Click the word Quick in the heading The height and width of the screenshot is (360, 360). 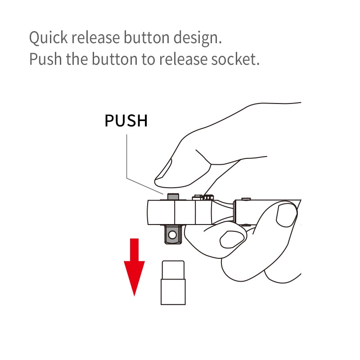(49, 38)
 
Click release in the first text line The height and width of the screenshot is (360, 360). (95, 37)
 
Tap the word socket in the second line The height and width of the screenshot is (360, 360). (235, 59)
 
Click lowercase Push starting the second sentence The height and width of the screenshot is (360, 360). (46, 59)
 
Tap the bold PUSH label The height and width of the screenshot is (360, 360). (126, 121)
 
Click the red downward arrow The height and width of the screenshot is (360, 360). (134, 267)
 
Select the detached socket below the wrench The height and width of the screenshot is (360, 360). (173, 283)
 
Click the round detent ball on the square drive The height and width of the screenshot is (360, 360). (172, 235)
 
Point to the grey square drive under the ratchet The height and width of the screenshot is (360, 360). (173, 234)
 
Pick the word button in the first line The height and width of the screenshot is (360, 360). (147, 37)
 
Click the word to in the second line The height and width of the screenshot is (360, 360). (148, 59)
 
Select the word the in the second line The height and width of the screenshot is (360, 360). (77, 59)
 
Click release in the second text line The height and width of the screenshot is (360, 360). (183, 59)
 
